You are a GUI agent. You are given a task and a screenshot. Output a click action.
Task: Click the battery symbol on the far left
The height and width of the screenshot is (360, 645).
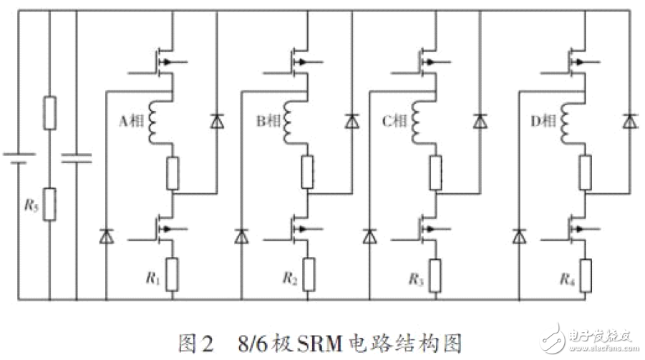[19, 157]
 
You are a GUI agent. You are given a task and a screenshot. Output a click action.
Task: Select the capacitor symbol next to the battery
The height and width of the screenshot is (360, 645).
[76, 157]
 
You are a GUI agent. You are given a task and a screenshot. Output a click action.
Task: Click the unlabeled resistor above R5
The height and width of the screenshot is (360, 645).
[49, 112]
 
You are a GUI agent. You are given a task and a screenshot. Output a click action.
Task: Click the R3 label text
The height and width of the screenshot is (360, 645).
[414, 278]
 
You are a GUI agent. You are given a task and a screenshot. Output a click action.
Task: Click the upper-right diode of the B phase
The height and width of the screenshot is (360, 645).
[351, 122]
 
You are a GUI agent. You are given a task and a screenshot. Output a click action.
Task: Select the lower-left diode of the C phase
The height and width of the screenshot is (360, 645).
[370, 234]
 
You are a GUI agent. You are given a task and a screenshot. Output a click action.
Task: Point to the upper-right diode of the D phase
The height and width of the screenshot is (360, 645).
[629, 122]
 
